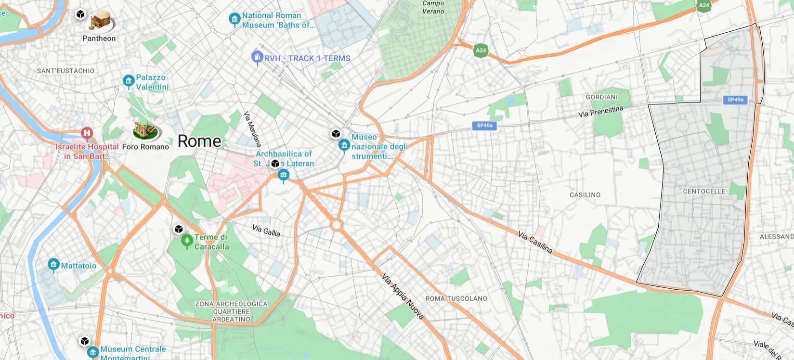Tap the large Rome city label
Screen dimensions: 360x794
(x=199, y=141)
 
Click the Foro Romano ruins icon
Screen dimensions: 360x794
(x=146, y=130)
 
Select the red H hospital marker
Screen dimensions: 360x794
(x=87, y=133)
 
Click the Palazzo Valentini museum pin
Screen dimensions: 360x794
(x=129, y=81)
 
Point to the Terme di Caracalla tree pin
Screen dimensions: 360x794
(x=187, y=240)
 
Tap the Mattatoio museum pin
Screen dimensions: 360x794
(x=53, y=265)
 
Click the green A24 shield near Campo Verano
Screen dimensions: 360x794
(x=481, y=50)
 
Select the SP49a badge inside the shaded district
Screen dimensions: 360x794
(x=735, y=100)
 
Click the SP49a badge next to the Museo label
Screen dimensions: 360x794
(x=484, y=126)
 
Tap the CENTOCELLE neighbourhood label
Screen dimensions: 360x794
(x=704, y=192)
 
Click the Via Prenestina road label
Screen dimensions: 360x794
(x=600, y=112)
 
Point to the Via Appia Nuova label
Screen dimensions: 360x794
(x=403, y=296)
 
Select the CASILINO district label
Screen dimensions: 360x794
(x=585, y=195)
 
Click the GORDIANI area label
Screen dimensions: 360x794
(x=601, y=97)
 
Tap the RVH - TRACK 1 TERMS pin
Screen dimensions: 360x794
(x=257, y=57)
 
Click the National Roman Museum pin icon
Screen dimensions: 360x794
(x=234, y=19)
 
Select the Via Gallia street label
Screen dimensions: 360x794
(x=266, y=231)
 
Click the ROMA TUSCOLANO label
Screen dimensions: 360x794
(x=456, y=298)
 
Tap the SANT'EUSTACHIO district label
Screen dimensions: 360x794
(x=66, y=71)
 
